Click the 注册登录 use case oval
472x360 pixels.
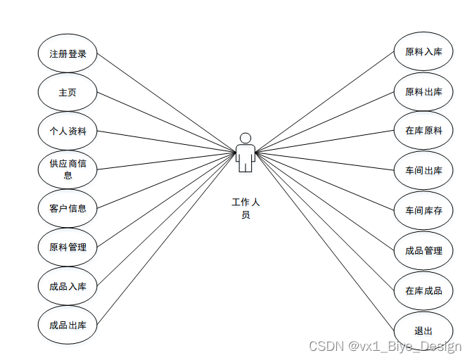click(68, 53)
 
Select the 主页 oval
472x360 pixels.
click(68, 92)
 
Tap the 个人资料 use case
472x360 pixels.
click(68, 131)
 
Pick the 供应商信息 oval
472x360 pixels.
click(68, 169)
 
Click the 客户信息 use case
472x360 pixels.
click(68, 208)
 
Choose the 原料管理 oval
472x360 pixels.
click(68, 247)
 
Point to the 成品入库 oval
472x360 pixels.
click(68, 286)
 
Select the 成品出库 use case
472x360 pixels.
click(68, 325)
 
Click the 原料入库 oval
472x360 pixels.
click(423, 52)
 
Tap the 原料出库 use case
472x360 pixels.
click(423, 91)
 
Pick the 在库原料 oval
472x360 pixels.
click(423, 131)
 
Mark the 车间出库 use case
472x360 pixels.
click(423, 170)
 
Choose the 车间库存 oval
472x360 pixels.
click(423, 210)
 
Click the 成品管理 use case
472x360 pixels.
click(423, 250)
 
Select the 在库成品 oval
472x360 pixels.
click(423, 290)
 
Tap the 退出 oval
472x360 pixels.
click(423, 330)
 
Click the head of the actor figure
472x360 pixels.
click(245, 138)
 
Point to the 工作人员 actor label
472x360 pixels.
click(245, 208)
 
